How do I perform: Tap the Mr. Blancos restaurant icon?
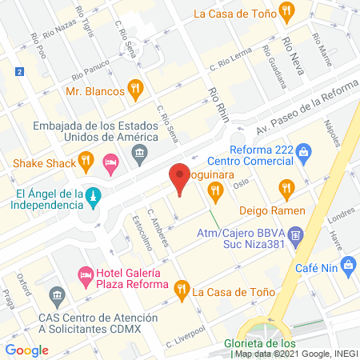pos(137,90)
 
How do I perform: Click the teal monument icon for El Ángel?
pos(94,196)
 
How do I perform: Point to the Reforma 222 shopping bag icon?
pos(304,151)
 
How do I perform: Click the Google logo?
pos(27,350)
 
